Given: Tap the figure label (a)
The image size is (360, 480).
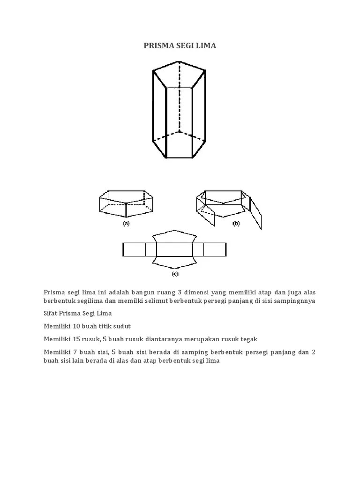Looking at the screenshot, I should tap(126, 224).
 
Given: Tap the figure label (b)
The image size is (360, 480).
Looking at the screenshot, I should tap(236, 224).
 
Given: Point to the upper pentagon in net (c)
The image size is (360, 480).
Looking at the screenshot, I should tap(175, 236).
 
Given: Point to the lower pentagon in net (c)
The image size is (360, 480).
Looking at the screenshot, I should tap(175, 262).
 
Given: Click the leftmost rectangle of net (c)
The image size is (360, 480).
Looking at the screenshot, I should tap(134, 249).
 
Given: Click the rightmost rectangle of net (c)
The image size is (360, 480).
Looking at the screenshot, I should tap(215, 249).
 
